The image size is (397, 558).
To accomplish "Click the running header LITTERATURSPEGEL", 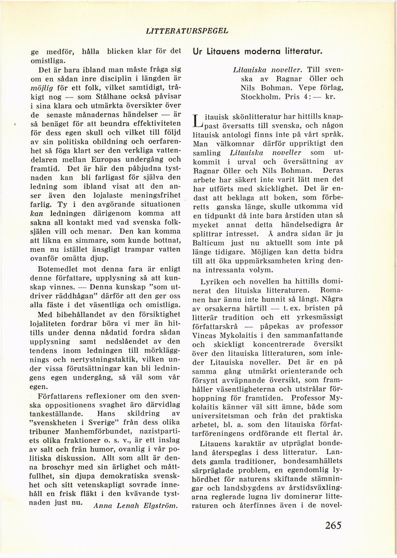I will (x=187, y=31).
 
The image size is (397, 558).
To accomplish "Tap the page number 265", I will (x=333, y=526).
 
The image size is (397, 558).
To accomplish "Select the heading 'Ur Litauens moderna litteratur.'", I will (x=257, y=51).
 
